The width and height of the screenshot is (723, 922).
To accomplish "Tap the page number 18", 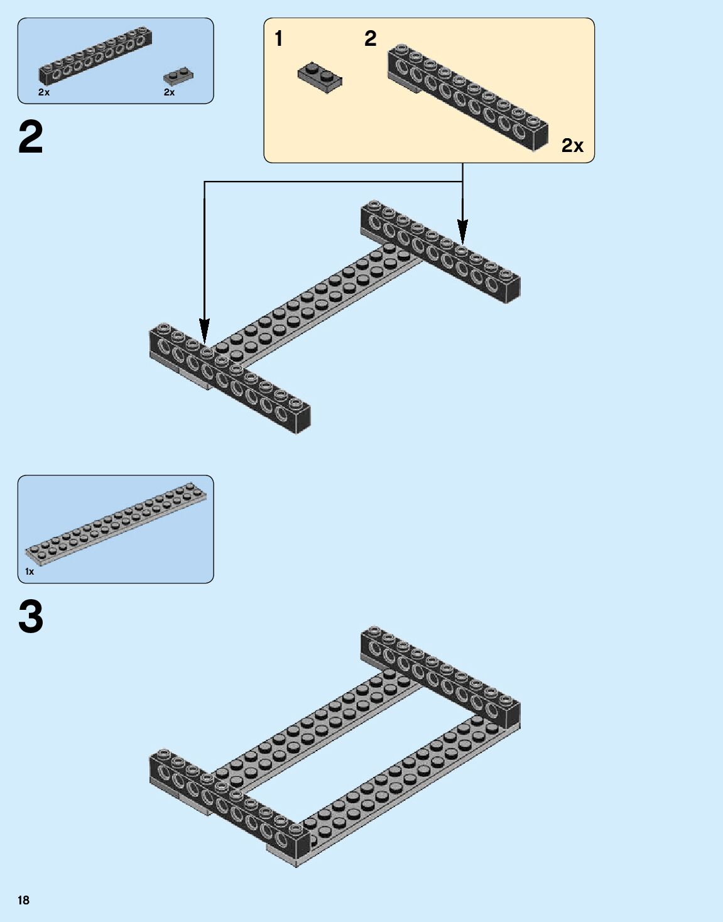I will tap(23, 900).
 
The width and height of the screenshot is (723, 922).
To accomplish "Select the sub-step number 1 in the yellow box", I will tap(278, 39).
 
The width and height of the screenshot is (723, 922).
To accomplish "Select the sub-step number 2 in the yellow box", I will tap(370, 39).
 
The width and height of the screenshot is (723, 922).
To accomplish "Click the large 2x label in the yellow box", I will tap(572, 146).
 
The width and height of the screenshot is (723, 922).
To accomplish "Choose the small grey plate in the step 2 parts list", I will tap(178, 76).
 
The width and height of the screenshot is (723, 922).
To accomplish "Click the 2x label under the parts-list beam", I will tap(43, 92).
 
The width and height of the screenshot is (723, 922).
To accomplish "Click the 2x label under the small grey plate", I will tap(169, 92).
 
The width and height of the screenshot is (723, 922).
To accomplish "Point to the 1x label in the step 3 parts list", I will tap(30, 572).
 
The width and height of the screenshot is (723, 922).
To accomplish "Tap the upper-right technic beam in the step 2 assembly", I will tap(440, 251).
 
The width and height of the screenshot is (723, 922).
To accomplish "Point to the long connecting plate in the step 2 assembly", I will tap(314, 301).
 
